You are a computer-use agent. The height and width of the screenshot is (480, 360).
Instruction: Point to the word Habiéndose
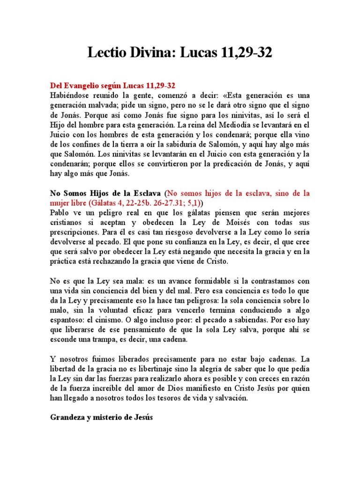70,95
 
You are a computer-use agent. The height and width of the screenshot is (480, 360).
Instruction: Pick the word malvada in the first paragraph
104,105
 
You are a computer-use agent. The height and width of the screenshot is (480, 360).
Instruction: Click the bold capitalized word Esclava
146,193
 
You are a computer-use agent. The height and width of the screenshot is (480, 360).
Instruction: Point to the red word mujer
61,203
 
